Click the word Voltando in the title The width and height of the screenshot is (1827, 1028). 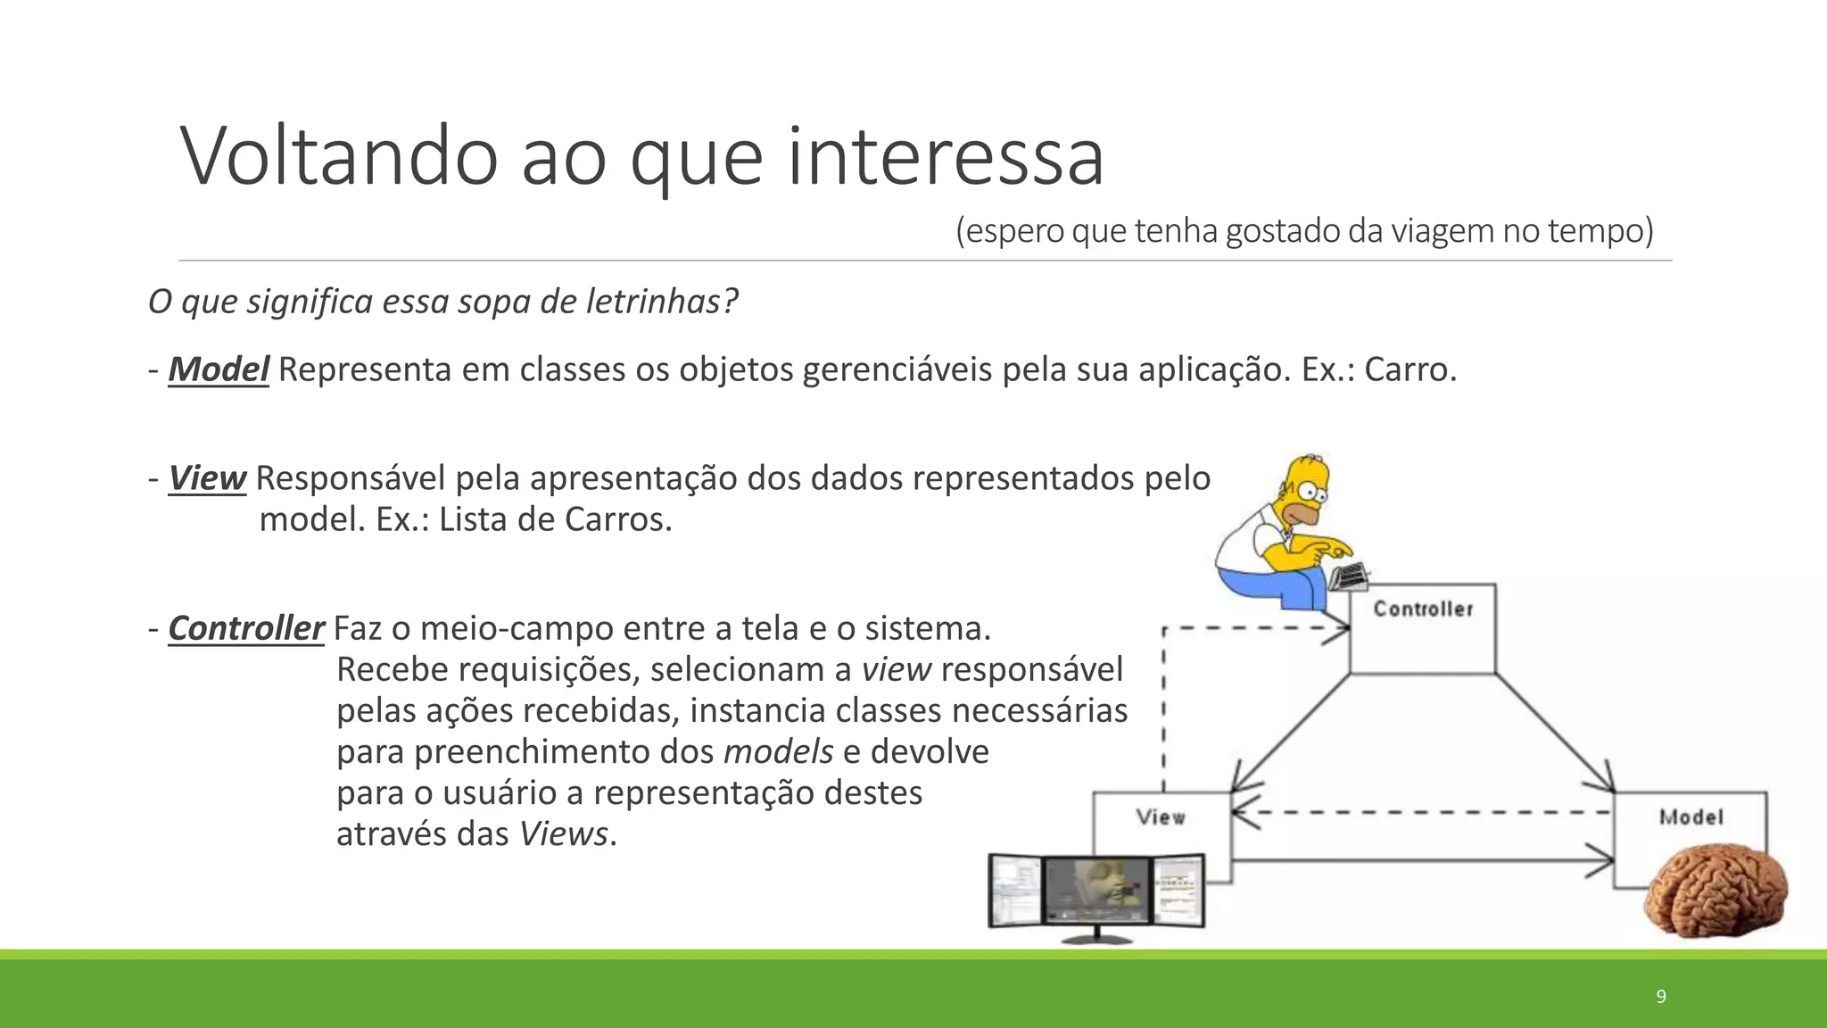pyautogui.click(x=339, y=156)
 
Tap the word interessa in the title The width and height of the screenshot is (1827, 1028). pyautogui.click(x=946, y=156)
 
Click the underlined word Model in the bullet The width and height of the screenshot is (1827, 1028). pyautogui.click(x=219, y=369)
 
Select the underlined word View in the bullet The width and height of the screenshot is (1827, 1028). pyautogui.click(x=207, y=478)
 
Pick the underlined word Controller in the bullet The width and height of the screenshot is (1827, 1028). pyautogui.click(x=245, y=628)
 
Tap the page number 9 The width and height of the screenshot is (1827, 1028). pyautogui.click(x=1661, y=997)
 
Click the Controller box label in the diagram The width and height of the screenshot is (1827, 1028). pyautogui.click(x=1423, y=609)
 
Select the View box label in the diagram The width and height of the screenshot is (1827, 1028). pyautogui.click(x=1161, y=817)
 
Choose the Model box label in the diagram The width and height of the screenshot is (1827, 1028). pyautogui.click(x=1691, y=817)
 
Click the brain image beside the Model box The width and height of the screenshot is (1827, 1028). pyautogui.click(x=1715, y=891)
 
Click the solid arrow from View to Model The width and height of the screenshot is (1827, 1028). pyautogui.click(x=1423, y=861)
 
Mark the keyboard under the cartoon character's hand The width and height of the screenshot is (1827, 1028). pyautogui.click(x=1349, y=576)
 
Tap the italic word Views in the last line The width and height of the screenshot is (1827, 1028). pyautogui.click(x=563, y=834)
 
